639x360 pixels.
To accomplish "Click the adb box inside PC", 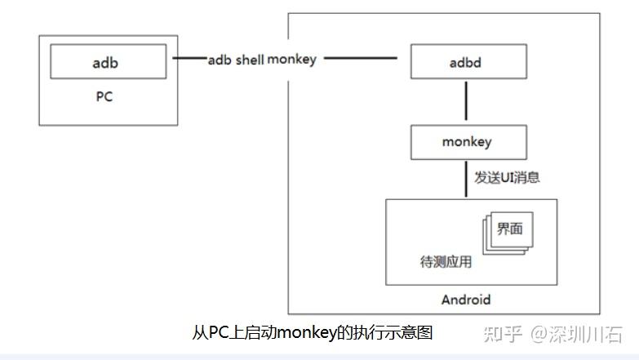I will point(109,60).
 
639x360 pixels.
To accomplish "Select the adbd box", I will point(466,61).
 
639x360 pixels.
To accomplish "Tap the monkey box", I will point(466,142).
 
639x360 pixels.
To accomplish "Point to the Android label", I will point(466,299).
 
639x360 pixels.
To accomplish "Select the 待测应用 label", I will point(446,264).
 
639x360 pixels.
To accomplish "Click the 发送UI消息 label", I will point(507,177).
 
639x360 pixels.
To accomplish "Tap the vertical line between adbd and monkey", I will point(466,102).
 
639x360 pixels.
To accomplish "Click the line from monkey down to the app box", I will point(466,178).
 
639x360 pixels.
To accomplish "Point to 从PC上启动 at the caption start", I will point(233,332).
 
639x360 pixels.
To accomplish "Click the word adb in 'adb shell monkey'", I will point(220,60).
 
